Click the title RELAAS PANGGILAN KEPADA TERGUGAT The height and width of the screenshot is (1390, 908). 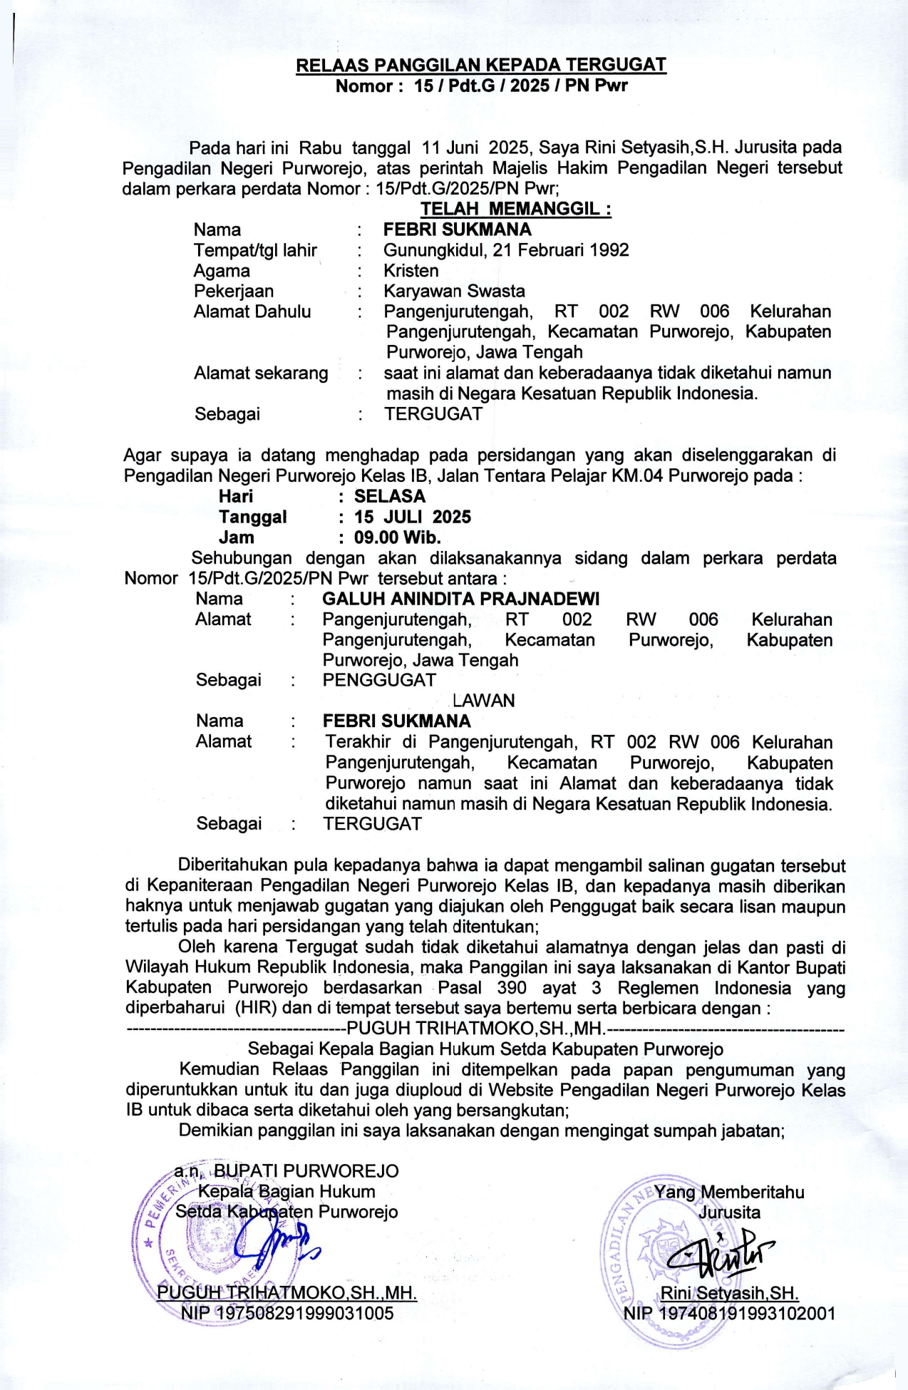tap(481, 66)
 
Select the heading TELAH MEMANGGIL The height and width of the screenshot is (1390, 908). tap(515, 209)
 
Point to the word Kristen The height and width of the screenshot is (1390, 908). tap(411, 271)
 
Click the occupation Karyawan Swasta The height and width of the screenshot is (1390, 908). tap(454, 291)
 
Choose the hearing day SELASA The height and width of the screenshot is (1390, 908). tap(389, 496)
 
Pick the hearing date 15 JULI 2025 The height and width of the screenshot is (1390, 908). tap(413, 517)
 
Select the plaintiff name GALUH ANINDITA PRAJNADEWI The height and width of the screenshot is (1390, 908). tap(460, 599)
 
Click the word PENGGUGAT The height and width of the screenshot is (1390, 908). tap(378, 680)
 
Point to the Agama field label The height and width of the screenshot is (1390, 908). tap(222, 271)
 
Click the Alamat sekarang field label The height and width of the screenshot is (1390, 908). tap(261, 374)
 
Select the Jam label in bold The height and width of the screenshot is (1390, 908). tap(236, 537)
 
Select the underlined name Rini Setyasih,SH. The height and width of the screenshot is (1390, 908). tap(729, 1293)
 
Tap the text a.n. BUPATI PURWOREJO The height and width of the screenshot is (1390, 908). tap(287, 1171)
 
